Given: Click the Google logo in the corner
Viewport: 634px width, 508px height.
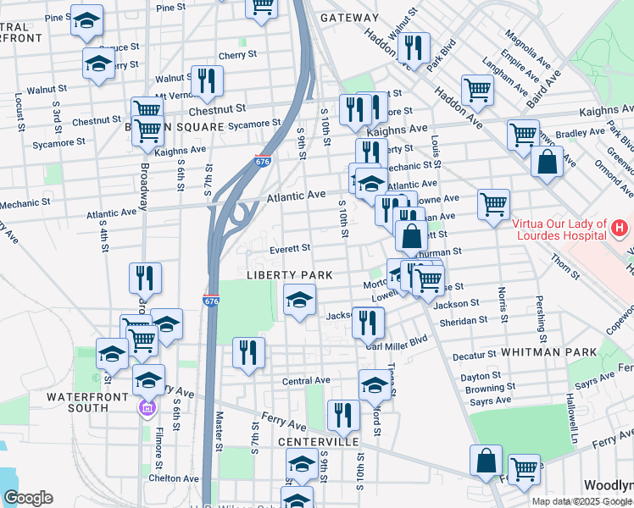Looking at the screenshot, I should [28, 498].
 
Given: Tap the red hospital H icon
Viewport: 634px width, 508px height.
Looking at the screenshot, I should [620, 229].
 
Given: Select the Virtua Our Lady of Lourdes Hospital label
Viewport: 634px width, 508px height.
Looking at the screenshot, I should [559, 229].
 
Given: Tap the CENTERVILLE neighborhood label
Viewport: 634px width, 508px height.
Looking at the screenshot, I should [319, 442].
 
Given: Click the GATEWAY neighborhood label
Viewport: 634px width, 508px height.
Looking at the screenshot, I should [350, 18].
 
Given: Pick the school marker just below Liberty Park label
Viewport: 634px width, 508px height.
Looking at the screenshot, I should [298, 300].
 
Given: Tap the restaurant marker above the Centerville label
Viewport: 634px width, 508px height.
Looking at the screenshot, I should [343, 414].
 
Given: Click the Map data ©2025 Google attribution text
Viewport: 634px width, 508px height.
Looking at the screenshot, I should [581, 501].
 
